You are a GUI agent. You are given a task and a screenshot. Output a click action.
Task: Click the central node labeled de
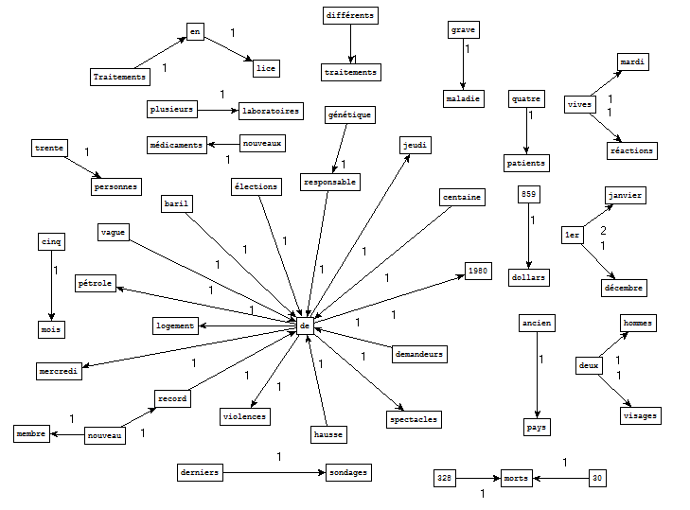coord(305,325)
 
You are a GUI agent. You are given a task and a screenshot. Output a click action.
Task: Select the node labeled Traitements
coord(121,77)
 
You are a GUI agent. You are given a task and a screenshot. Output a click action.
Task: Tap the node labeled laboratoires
coord(271,111)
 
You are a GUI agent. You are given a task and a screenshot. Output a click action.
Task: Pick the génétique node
coord(350,115)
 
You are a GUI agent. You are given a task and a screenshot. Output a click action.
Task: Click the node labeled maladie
coord(464,98)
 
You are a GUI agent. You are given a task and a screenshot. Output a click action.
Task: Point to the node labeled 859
coord(529,195)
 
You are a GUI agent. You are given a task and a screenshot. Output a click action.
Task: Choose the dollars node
coord(529,277)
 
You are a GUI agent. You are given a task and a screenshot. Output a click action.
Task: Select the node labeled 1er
coord(572,236)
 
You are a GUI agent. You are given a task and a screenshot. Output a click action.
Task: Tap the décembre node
coord(624,287)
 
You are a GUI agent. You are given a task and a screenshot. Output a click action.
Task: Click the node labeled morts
coord(517,478)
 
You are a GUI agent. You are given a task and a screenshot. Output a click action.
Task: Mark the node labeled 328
coord(444,478)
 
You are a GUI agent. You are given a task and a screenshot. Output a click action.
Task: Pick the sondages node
coord(347,471)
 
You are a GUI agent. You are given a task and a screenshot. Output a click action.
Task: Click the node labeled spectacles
coord(414,418)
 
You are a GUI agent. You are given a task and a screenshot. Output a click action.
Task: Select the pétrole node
coord(96,283)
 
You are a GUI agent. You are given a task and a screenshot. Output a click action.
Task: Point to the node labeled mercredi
coord(60,371)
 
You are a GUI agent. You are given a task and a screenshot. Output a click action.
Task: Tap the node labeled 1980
coord(478,272)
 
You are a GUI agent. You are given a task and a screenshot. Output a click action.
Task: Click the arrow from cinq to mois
coord(51,285)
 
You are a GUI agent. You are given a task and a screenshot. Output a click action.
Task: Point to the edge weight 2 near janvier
coord(603,230)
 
